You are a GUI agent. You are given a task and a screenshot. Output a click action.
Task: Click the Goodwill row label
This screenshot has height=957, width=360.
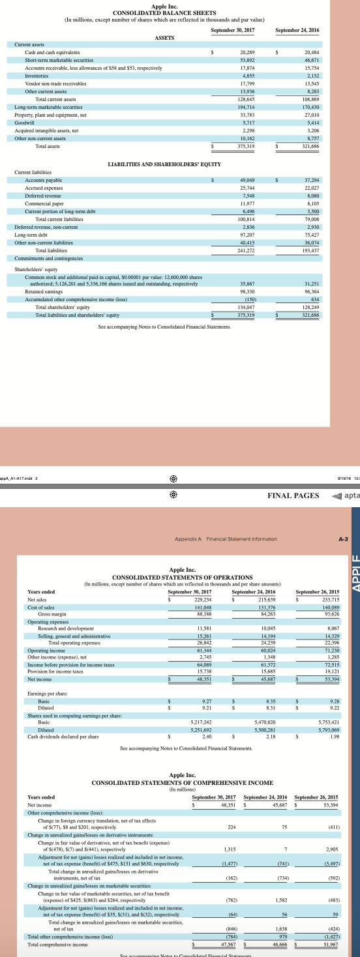(25, 122)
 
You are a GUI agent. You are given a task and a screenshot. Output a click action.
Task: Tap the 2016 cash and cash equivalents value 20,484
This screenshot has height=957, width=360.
(311, 52)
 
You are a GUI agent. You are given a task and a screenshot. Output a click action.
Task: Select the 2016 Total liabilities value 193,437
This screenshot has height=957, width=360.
(311, 250)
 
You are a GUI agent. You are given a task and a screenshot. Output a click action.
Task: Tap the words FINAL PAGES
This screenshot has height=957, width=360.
(293, 495)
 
